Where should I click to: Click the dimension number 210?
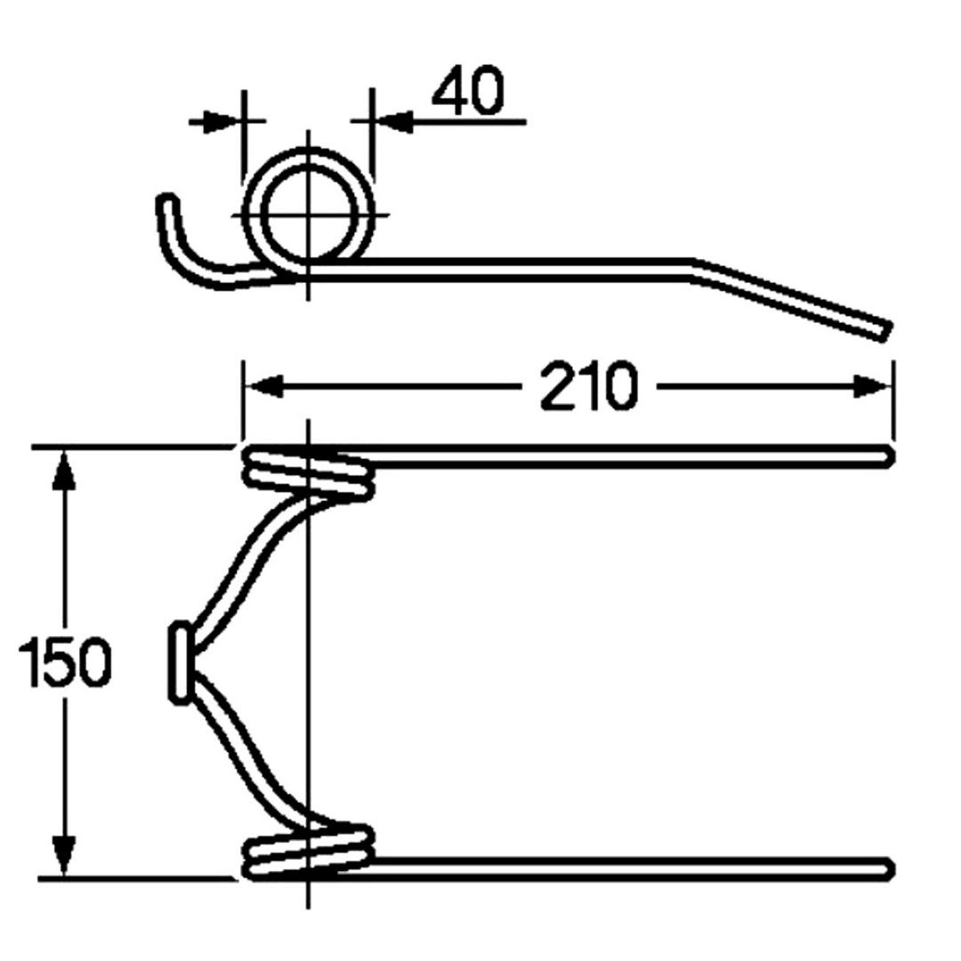click(x=589, y=386)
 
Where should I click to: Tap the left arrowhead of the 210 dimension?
click(x=262, y=387)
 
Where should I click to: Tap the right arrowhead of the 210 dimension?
click(x=871, y=387)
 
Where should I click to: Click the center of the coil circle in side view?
click(x=308, y=214)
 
